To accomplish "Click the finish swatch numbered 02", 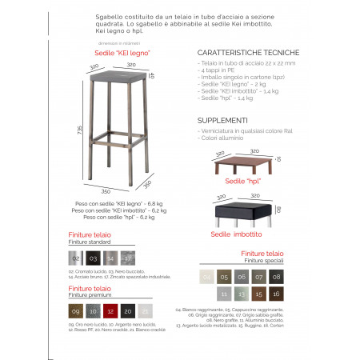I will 75,258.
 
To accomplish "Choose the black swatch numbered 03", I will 93,258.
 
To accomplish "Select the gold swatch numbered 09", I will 75,310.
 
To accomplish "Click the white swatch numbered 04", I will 206,277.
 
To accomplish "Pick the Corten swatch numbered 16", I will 275,294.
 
